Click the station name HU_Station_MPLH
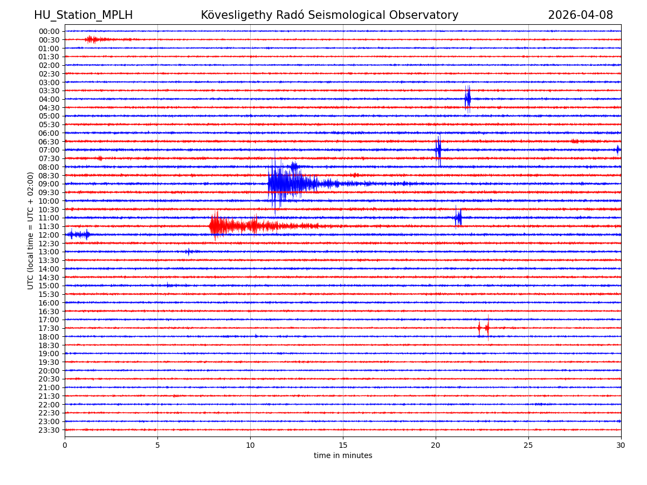[83, 15]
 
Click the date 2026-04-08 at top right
[580, 15]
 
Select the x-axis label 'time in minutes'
[343, 456]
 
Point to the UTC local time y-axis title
[31, 231]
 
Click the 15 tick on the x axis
[343, 446]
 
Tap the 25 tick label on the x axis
[528, 446]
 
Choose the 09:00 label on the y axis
[49, 184]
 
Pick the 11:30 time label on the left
[49, 226]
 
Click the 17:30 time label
[49, 328]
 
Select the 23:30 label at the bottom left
[49, 430]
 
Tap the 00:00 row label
[49, 31]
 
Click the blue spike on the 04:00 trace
[467, 99]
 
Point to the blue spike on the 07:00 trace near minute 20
[438, 150]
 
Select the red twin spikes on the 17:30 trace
[483, 328]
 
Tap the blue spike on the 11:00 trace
[458, 218]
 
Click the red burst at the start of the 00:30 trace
[92, 39]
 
